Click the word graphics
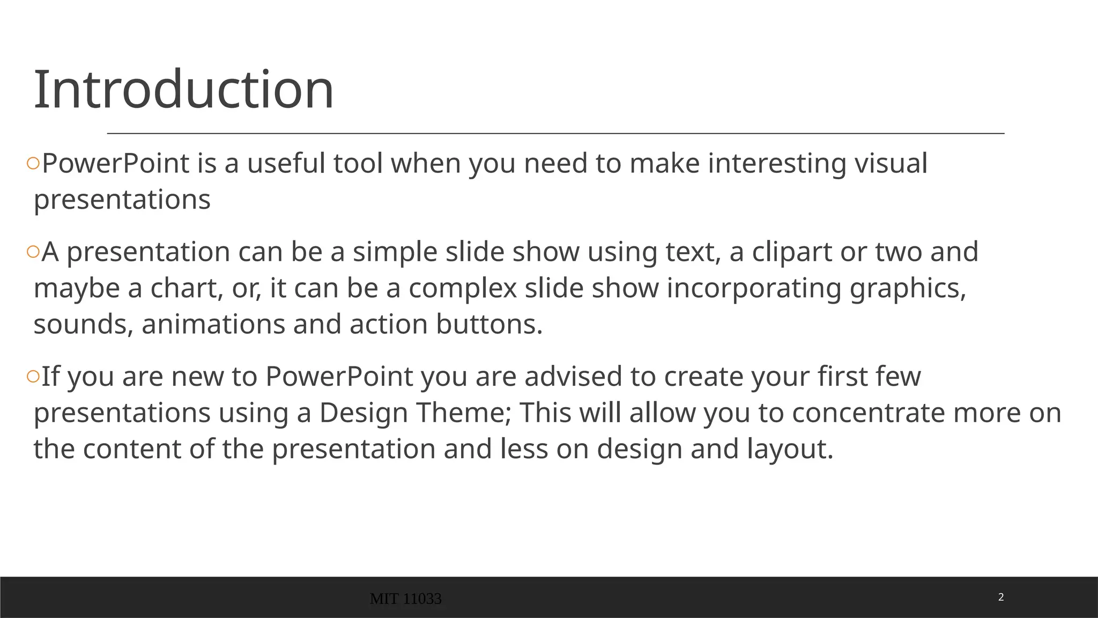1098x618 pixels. click(x=908, y=289)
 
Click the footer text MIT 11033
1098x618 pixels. click(x=406, y=599)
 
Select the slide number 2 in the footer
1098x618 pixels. click(x=1001, y=597)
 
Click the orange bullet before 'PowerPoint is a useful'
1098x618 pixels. click(x=33, y=164)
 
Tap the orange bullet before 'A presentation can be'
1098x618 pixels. click(x=33, y=252)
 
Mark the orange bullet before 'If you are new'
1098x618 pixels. click(x=33, y=377)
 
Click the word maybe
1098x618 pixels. click(x=77, y=289)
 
